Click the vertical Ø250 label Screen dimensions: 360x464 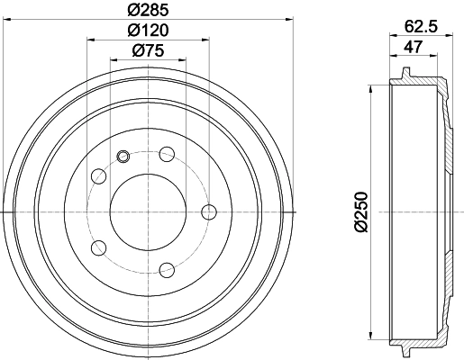coord(361,212)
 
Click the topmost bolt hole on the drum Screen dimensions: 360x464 coord(167,155)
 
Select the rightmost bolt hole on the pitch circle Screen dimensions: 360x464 coord(209,211)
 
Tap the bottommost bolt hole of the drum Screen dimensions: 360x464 coord(167,267)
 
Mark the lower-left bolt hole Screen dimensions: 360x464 coord(99,247)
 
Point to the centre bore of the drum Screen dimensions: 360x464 coord(148,211)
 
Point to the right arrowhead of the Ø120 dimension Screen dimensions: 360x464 coord(205,40)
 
